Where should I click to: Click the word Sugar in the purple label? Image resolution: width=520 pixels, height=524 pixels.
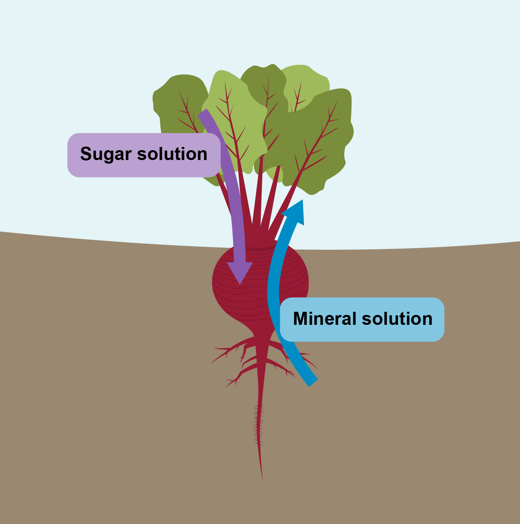[x=106, y=154]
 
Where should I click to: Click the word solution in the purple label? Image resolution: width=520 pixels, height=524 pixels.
[x=172, y=154]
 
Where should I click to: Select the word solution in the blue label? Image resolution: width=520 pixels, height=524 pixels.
[x=397, y=319]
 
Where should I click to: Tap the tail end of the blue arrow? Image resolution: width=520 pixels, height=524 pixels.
[x=313, y=383]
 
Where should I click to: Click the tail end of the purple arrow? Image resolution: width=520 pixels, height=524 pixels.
[x=202, y=112]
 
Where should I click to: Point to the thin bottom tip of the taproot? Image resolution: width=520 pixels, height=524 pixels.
[x=262, y=480]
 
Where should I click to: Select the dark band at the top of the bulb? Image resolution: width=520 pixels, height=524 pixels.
[x=260, y=248]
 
